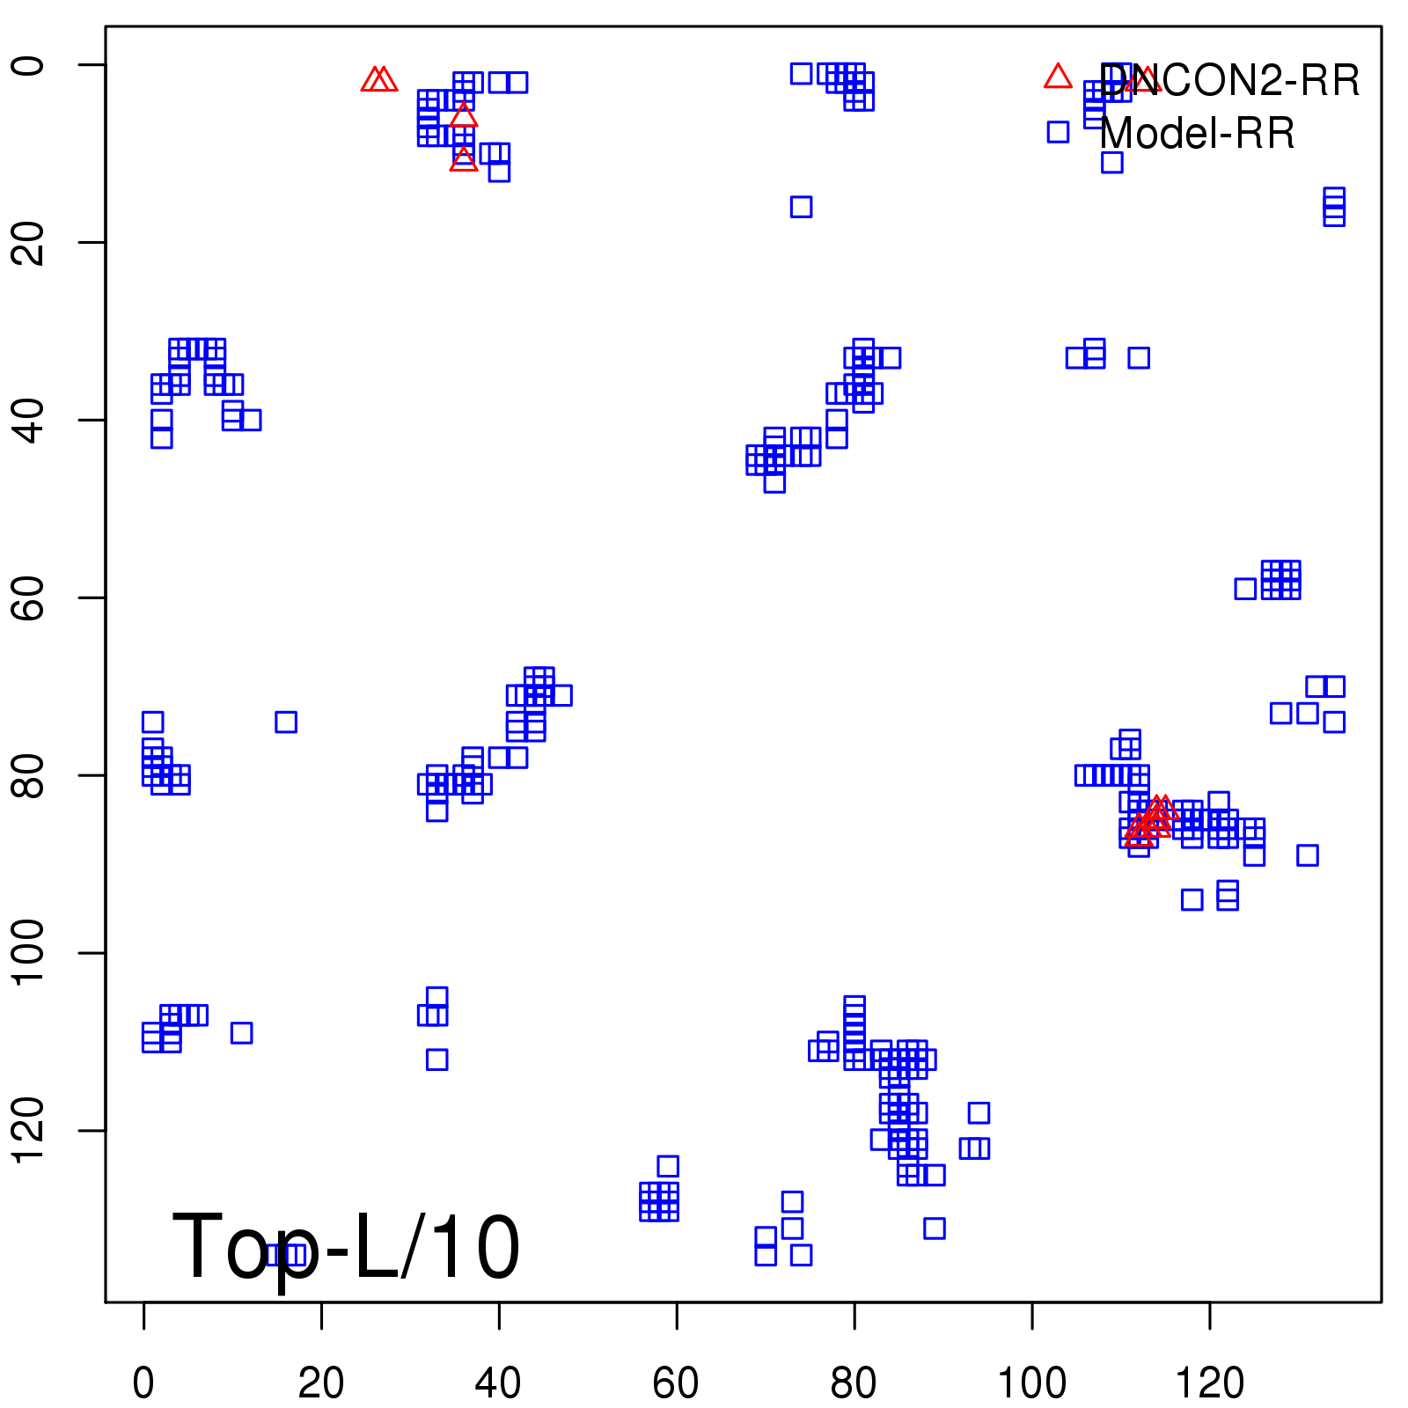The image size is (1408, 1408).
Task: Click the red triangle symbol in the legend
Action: click(1058, 77)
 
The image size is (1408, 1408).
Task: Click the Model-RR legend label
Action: click(1197, 134)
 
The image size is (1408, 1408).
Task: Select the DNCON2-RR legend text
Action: click(1229, 81)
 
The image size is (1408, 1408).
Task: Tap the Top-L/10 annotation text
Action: click(346, 1247)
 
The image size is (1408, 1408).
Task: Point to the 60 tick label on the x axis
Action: click(676, 1382)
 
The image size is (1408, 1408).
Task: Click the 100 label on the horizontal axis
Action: click(1031, 1382)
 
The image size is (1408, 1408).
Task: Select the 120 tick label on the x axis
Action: click(1210, 1382)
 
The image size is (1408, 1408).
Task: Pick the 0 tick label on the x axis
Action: click(143, 1382)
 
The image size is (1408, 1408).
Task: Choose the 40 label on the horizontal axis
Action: click(498, 1382)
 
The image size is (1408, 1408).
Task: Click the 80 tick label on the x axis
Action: click(854, 1382)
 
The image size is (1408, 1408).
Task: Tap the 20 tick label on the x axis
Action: click(321, 1382)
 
